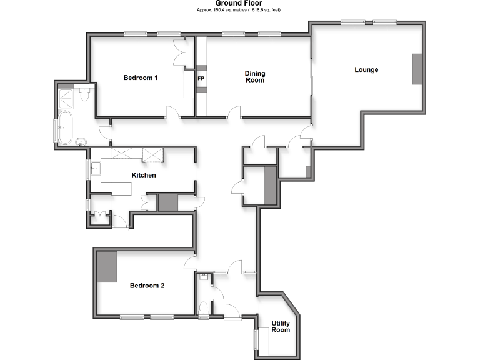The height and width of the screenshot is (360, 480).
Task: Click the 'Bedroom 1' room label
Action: pyautogui.click(x=141, y=77)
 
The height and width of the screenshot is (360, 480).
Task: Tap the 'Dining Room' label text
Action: pyautogui.click(x=254, y=77)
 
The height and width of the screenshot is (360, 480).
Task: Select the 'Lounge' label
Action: pyautogui.click(x=366, y=69)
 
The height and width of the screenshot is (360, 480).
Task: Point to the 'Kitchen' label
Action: pyautogui.click(x=143, y=175)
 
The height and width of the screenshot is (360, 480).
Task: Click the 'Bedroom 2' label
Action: pyautogui.click(x=147, y=286)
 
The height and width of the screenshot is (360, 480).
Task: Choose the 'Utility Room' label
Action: pyautogui.click(x=281, y=326)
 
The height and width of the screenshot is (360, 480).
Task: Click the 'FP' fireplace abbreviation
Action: pyautogui.click(x=201, y=79)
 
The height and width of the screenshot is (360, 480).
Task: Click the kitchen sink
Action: pyautogui.click(x=94, y=167)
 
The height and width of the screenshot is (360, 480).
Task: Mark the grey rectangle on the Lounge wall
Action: pyautogui.click(x=417, y=69)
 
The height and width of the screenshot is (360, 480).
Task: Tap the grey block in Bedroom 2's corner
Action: pyautogui.click(x=107, y=266)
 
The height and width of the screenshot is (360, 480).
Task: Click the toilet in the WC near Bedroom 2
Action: pyautogui.click(x=204, y=307)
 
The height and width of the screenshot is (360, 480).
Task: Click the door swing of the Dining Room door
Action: pyautogui.click(x=234, y=112)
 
